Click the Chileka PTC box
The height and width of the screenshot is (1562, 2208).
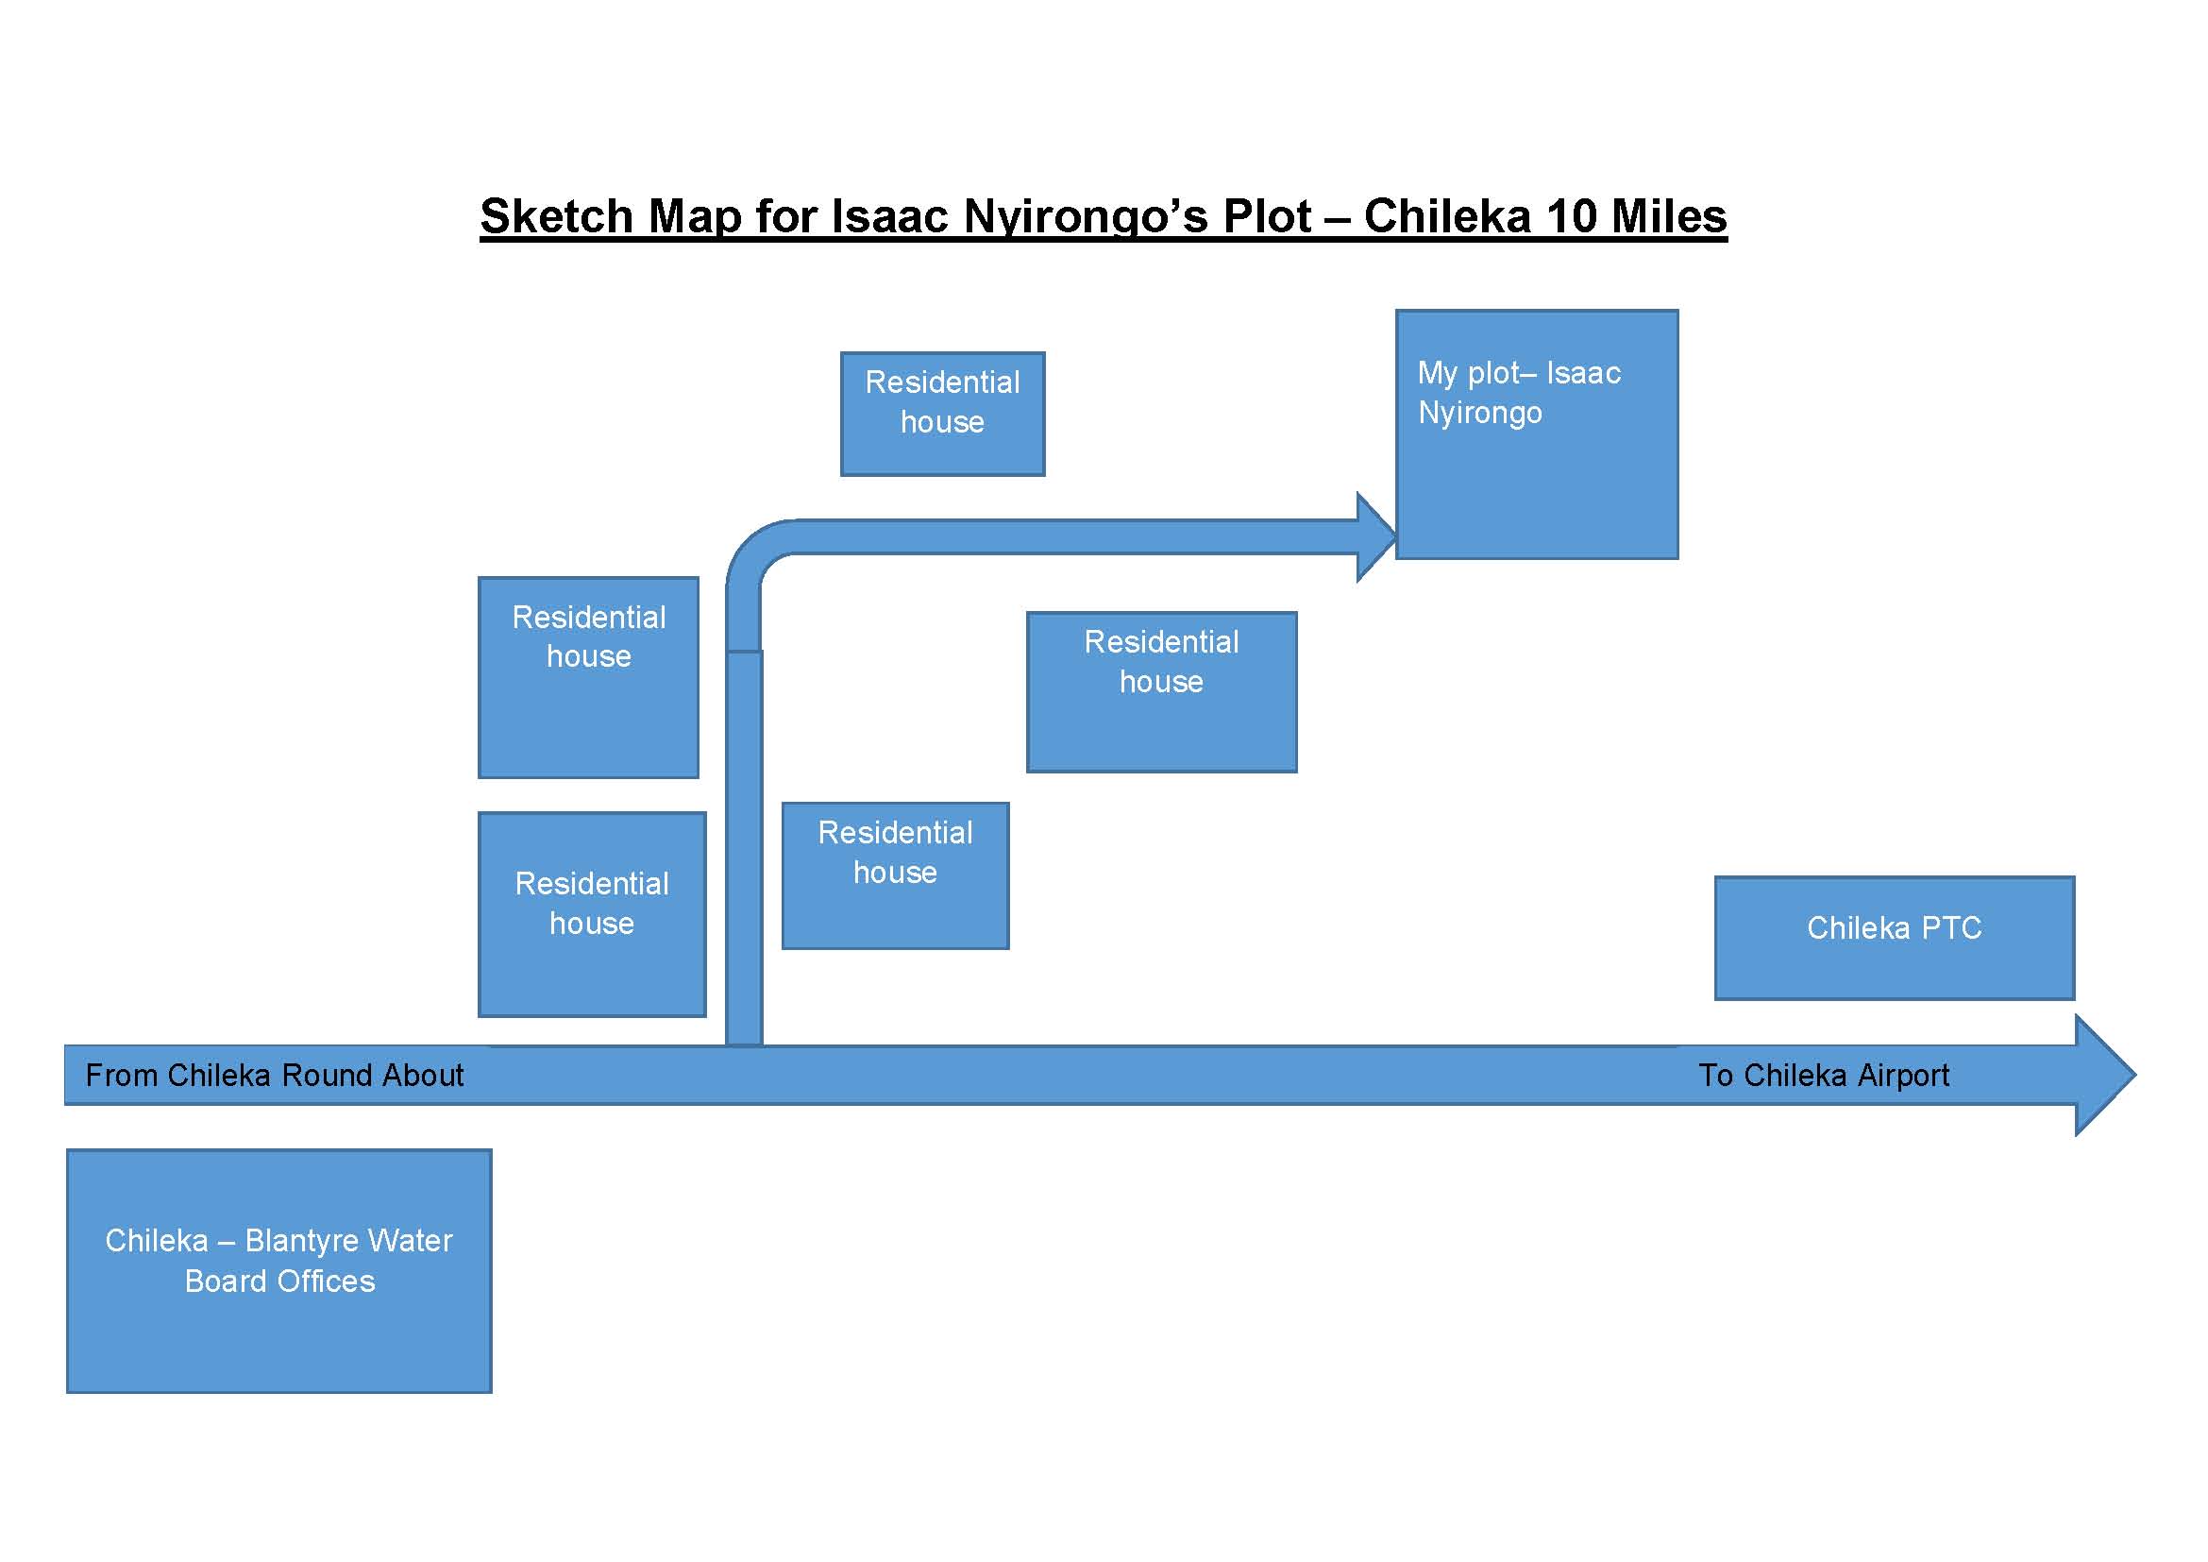tap(1894, 938)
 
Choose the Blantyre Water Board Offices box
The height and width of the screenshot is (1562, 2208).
tap(278, 1269)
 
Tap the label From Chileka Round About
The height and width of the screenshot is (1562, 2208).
tap(274, 1075)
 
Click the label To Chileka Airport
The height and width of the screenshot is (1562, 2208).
tap(1824, 1075)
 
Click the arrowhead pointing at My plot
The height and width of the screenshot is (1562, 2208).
tap(1375, 536)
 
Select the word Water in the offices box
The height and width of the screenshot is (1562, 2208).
tap(410, 1241)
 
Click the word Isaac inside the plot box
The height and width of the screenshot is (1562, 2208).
tap(1583, 373)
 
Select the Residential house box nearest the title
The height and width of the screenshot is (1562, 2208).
tap(942, 414)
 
